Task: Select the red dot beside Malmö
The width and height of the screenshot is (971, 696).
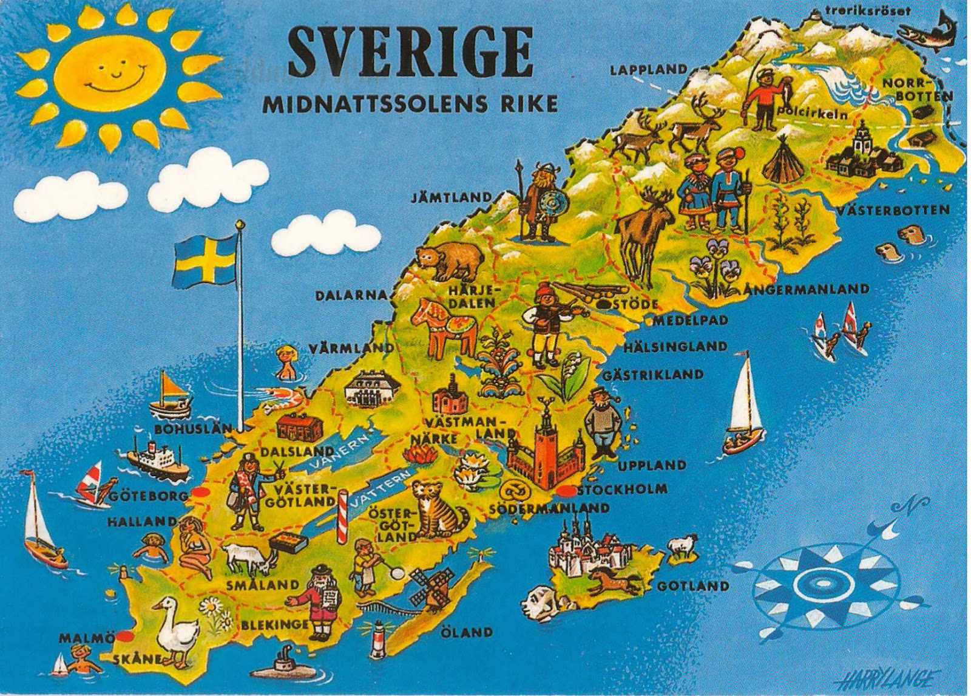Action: click(125, 637)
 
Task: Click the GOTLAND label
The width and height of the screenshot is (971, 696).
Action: click(693, 586)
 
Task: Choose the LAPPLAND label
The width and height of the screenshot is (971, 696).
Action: click(648, 70)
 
